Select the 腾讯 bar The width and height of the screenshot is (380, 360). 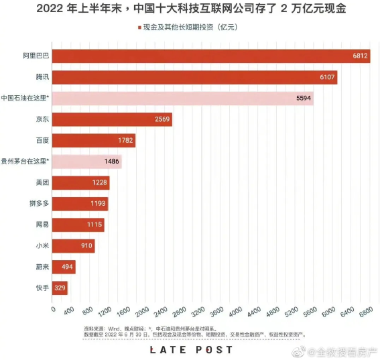[194, 77]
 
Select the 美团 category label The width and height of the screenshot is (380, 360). [42, 182]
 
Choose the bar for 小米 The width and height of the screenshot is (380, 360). [73, 246]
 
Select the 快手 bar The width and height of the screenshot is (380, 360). [60, 288]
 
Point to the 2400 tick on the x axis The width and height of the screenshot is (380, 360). [156, 313]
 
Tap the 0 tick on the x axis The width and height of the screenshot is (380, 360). [52, 310]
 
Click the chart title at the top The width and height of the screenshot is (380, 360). [190, 10]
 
